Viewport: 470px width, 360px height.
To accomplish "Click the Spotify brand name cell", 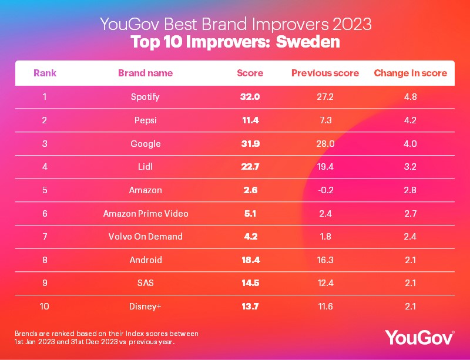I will [145, 96].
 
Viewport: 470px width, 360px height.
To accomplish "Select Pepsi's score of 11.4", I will [250, 120].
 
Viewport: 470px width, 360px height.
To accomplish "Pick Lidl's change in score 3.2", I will [411, 167].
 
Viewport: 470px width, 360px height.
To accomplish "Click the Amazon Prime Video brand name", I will [145, 213].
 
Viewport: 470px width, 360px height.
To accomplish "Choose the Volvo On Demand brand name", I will [145, 237].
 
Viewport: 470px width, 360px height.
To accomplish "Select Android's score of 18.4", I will [250, 260].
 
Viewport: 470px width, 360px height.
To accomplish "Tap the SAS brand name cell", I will [145, 283].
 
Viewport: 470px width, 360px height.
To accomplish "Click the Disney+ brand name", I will [145, 307].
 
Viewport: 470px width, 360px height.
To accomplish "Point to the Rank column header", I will [45, 73].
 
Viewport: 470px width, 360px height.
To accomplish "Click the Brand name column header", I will [145, 73].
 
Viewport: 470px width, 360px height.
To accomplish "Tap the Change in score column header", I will [411, 73].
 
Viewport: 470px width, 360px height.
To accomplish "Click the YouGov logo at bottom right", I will [419, 337].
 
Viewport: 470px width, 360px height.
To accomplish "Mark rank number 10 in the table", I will [45, 307].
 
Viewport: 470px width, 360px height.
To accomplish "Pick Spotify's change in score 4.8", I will [411, 96].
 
